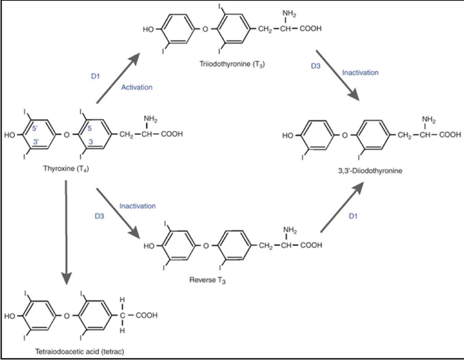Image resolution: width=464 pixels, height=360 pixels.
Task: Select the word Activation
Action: (x=136, y=87)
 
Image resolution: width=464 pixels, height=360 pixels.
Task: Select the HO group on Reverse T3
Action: (x=149, y=246)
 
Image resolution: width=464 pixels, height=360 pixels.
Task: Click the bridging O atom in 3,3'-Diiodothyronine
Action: (x=345, y=135)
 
